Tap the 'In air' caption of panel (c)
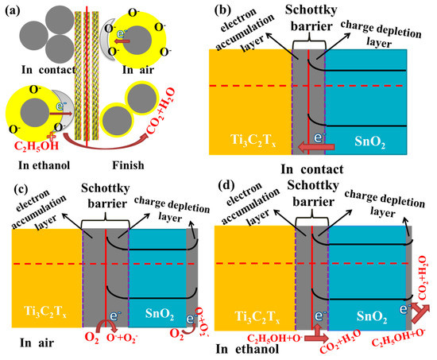pos(29,343)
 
